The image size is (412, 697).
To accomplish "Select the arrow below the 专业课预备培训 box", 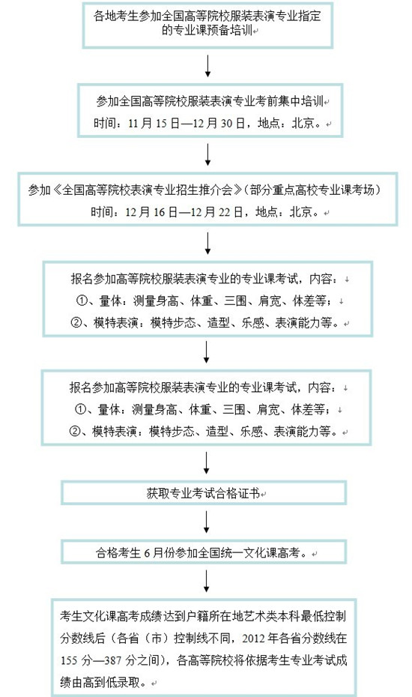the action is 207,66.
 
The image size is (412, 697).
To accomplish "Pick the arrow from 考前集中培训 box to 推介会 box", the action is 207,154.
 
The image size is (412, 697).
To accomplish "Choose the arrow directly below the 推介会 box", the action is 207,244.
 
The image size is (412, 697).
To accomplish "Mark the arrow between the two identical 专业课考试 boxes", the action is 206,352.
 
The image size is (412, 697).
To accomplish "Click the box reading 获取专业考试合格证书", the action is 204,493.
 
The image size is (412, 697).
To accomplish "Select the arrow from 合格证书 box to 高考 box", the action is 206,522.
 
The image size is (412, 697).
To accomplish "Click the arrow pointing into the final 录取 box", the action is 206,581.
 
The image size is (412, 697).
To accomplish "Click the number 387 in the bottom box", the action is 113,660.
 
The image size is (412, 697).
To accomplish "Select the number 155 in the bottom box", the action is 69,660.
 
